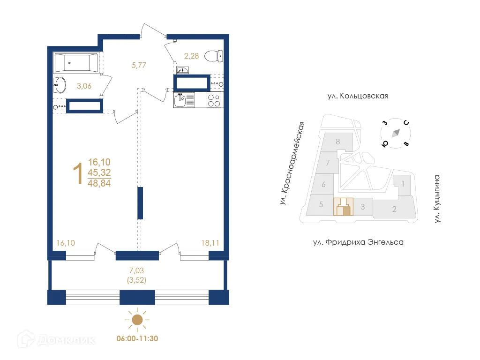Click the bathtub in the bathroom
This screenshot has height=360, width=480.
click(x=76, y=62)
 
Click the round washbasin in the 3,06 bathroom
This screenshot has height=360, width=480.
click(x=60, y=84)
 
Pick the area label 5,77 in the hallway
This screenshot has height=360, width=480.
click(x=139, y=66)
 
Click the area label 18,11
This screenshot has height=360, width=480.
click(x=209, y=243)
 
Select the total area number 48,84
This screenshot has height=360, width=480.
click(x=98, y=183)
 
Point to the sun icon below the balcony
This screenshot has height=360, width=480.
click(x=136, y=320)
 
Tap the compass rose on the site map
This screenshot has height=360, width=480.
click(x=396, y=133)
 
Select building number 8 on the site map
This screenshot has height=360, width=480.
click(x=337, y=141)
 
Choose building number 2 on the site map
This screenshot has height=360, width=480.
click(x=394, y=209)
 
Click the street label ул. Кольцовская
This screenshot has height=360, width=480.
click(x=358, y=96)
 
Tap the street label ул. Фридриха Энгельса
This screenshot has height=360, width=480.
click(x=358, y=242)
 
